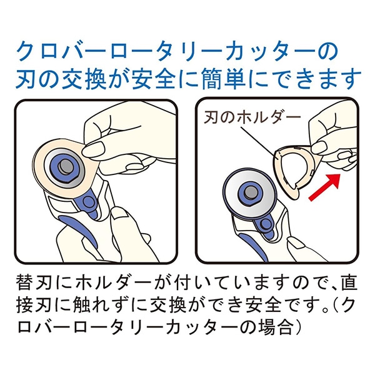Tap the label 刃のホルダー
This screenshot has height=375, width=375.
252,117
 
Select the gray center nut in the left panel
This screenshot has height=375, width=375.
66,167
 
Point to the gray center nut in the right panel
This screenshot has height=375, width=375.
251,192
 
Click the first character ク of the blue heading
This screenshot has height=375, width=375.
26,52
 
